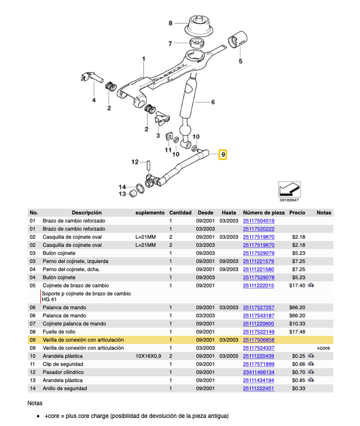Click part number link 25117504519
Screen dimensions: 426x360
258,221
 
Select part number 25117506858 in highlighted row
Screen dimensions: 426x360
258,340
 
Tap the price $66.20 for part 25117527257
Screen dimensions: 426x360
297,308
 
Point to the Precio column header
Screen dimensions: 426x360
297,213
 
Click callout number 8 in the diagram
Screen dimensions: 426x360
170,23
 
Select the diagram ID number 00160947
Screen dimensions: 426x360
289,200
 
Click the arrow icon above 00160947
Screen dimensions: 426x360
289,189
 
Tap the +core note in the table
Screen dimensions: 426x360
324,349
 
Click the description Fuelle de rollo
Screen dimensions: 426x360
60,332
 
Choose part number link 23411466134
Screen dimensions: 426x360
258,373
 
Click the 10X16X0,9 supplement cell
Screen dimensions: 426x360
148,357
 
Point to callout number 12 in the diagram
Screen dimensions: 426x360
134,162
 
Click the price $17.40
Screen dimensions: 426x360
297,286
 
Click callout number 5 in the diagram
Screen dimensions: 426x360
240,60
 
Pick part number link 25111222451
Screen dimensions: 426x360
258,389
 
